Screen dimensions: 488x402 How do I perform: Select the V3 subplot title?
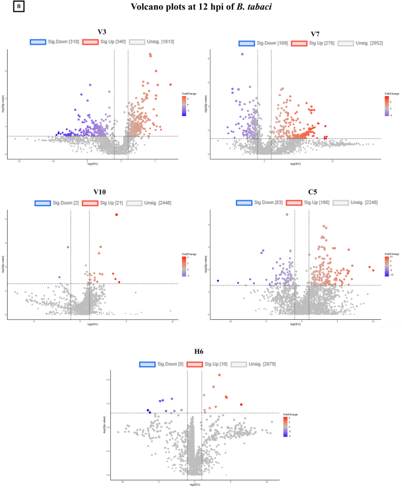(x=102, y=32)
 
